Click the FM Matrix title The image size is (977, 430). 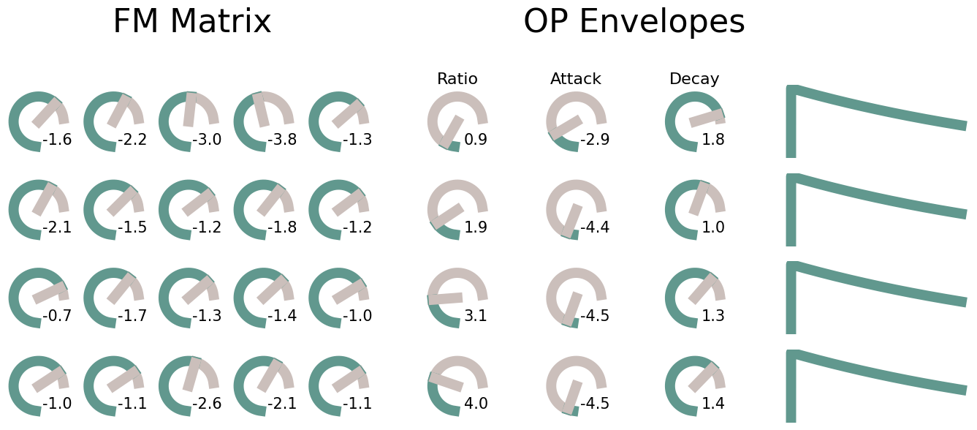click(x=192, y=22)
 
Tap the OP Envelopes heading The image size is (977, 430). click(x=634, y=22)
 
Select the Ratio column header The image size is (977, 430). click(x=457, y=79)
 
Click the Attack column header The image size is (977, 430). click(x=576, y=79)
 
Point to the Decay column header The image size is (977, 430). click(x=694, y=79)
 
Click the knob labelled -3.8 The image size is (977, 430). click(x=264, y=121)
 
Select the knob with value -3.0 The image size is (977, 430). click(x=189, y=121)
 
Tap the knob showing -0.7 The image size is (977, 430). click(x=39, y=298)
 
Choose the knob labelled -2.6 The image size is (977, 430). click(x=189, y=386)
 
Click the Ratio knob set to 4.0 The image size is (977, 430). click(x=457, y=386)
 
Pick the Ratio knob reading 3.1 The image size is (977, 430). click(x=457, y=298)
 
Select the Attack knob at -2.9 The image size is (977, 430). click(x=576, y=121)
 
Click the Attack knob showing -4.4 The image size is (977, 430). click(x=576, y=210)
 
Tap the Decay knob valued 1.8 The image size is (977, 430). click(x=695, y=121)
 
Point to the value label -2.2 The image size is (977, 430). click(x=132, y=140)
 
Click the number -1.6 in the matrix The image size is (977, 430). click(x=57, y=140)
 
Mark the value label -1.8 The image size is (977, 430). click(x=282, y=227)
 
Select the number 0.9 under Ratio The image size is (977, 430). click(x=476, y=140)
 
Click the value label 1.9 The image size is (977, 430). click(x=476, y=227)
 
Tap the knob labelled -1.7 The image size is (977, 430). click(x=114, y=298)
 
